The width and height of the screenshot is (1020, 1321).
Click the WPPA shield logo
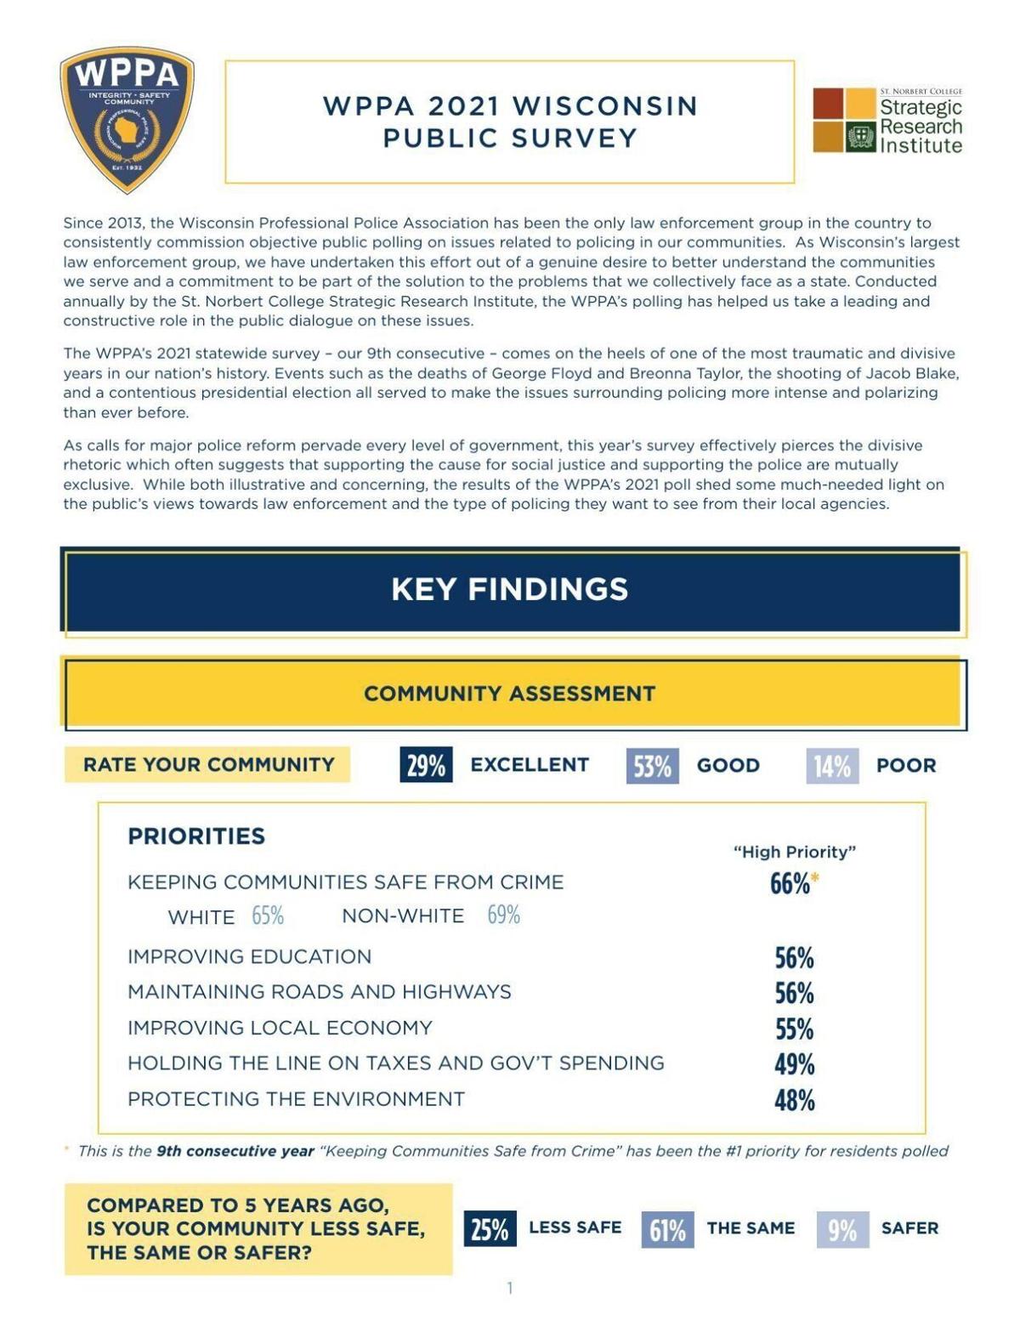coord(127,119)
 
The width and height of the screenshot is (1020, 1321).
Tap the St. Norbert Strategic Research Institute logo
coord(887,121)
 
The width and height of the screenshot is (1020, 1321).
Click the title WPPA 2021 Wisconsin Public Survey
coord(510,122)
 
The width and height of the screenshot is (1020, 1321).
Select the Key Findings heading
coord(510,589)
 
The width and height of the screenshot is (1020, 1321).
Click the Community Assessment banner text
coord(510,694)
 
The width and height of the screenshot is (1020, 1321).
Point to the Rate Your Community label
coord(208,764)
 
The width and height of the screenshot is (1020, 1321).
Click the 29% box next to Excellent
coord(426,765)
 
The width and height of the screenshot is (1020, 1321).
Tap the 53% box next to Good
coord(652,766)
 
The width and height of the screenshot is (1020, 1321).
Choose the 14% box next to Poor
coord(831,766)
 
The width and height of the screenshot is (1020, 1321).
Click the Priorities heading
coord(196,836)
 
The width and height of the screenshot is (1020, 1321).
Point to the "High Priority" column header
coord(795,852)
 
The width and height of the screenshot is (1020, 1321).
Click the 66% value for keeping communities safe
coord(790,884)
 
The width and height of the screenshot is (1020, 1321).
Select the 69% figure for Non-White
coord(503,916)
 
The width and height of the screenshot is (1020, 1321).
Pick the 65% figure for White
coord(268,916)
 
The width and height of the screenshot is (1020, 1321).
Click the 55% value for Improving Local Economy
coord(794,1029)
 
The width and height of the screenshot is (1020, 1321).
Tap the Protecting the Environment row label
coord(296,1099)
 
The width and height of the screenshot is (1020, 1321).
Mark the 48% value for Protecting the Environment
coord(794,1100)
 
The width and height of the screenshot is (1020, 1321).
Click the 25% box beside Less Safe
coord(490,1229)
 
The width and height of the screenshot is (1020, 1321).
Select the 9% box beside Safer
coord(842,1229)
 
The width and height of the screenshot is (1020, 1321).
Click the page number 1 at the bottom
coord(510,1288)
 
